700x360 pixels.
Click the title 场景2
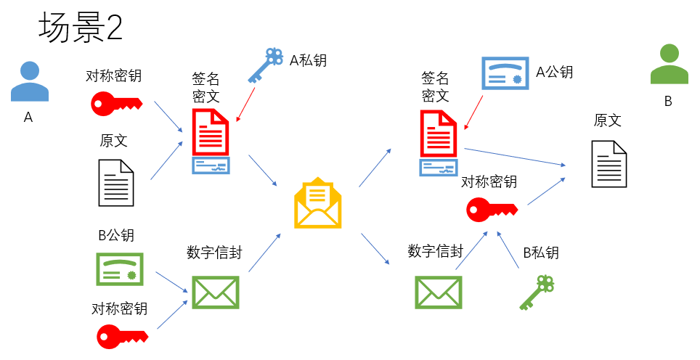click(81, 28)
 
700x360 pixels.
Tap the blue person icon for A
click(30, 81)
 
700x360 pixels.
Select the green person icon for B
click(669, 65)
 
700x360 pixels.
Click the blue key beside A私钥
click(265, 65)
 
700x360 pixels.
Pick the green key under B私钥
click(537, 293)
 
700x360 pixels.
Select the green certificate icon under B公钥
click(120, 269)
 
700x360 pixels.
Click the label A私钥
click(308, 60)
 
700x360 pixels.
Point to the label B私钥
click(541, 253)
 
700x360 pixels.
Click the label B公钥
click(116, 235)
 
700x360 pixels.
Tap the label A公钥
click(555, 72)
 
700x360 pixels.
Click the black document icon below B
click(609, 163)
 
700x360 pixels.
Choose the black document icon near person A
click(116, 182)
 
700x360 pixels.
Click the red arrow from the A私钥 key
click(245, 105)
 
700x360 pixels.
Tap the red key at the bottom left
click(123, 335)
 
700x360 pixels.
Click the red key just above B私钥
click(492, 209)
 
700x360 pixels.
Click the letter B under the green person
click(668, 102)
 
